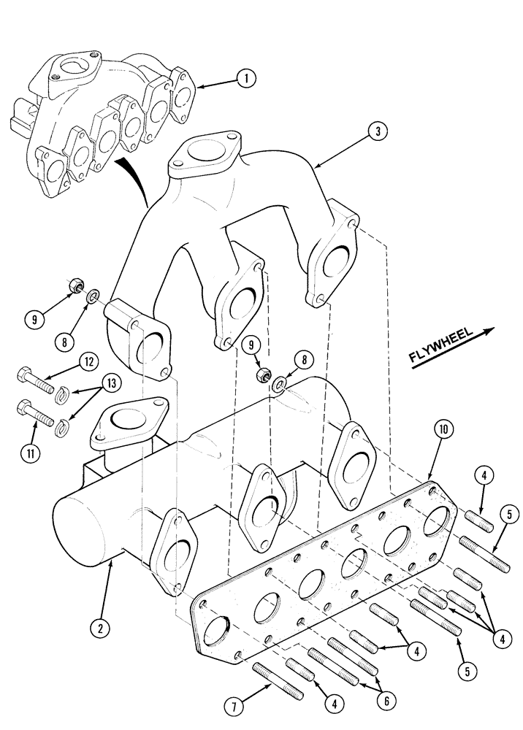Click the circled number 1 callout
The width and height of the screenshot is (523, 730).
(x=246, y=79)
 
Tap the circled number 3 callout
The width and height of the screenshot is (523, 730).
(x=376, y=132)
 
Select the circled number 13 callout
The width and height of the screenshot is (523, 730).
(x=112, y=383)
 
